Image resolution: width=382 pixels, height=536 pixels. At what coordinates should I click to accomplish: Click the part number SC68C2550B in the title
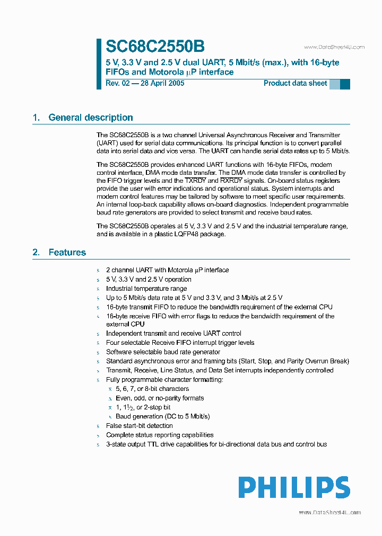click(x=155, y=47)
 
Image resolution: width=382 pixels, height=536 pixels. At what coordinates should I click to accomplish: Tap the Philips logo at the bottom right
click(x=293, y=487)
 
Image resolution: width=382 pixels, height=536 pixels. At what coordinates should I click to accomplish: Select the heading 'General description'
click(x=90, y=118)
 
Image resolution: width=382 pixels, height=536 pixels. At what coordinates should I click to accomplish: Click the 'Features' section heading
click(x=67, y=252)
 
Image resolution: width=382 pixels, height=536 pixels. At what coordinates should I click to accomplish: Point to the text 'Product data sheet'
click(x=295, y=83)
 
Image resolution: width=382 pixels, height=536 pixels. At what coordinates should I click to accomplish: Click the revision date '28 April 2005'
click(x=162, y=83)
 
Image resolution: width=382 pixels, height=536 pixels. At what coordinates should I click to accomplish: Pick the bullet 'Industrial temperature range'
click(x=146, y=289)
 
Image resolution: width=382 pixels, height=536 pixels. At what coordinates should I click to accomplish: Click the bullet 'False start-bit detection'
click(x=139, y=425)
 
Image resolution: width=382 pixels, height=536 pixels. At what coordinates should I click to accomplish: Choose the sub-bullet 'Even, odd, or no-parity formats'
click(x=160, y=398)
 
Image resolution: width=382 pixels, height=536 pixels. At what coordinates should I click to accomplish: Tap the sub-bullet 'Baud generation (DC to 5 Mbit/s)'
click(x=163, y=416)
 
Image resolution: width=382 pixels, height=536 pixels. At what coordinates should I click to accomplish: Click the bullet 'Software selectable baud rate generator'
click(x=163, y=352)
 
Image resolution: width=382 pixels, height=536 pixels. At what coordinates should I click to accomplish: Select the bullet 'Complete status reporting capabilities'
click(x=160, y=435)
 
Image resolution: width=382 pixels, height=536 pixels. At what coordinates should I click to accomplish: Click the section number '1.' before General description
click(x=36, y=118)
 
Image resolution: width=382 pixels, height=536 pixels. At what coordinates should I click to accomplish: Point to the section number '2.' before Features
click(x=36, y=252)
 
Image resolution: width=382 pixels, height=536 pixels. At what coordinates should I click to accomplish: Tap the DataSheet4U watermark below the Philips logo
click(x=329, y=512)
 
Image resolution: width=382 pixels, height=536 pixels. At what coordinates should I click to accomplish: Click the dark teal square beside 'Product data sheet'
click(x=345, y=84)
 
